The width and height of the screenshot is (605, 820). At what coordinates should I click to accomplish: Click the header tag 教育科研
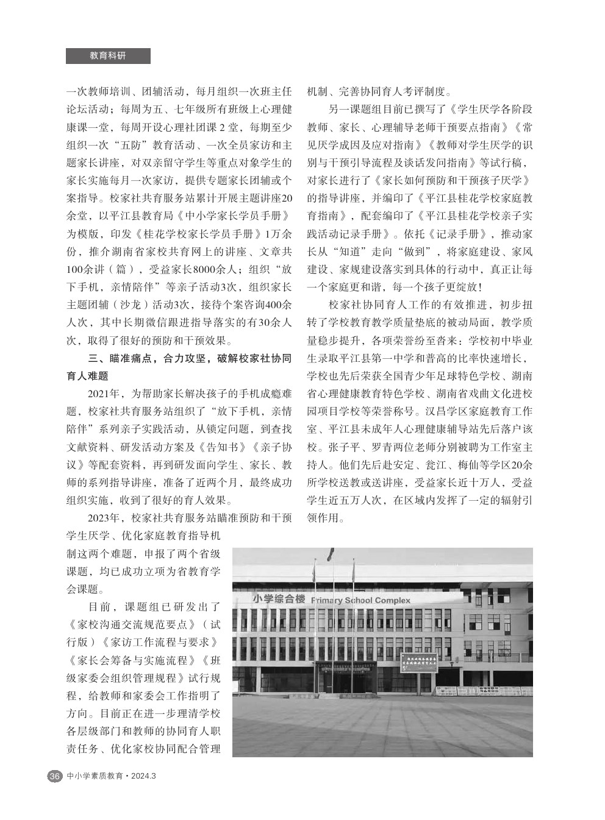point(108,55)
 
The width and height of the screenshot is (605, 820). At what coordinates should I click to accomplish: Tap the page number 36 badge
point(54,776)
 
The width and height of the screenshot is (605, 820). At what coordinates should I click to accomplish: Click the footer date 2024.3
point(144,776)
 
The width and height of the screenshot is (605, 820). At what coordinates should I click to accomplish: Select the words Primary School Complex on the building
point(360,600)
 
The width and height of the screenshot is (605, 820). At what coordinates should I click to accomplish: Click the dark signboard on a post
point(418,663)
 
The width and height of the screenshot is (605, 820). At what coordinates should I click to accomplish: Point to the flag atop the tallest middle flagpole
point(331,554)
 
